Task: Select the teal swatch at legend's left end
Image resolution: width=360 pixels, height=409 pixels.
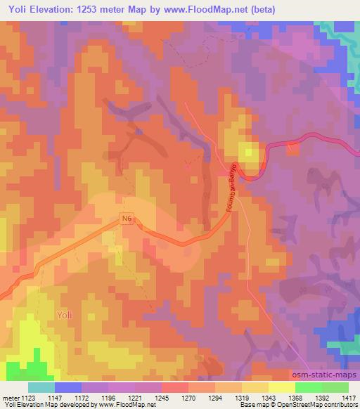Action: pos(41,387)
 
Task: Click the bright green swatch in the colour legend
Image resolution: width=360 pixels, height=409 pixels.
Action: pos(308,387)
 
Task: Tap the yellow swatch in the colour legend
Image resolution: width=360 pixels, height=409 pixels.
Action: pos(281,387)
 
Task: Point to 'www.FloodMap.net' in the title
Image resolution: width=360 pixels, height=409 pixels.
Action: pos(209,9)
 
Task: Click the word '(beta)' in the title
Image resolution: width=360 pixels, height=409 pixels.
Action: pos(262,9)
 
